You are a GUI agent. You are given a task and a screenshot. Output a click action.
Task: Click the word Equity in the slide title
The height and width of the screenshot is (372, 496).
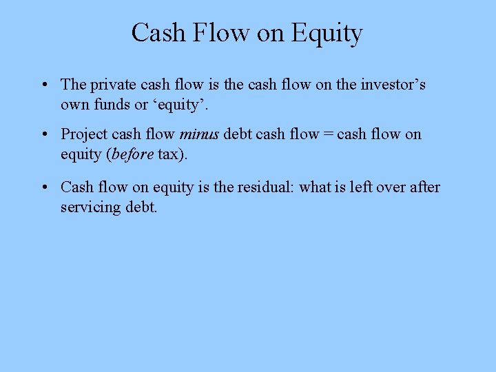pos(327,33)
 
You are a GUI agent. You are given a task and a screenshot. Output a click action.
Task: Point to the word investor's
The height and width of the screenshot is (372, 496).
pos(392,85)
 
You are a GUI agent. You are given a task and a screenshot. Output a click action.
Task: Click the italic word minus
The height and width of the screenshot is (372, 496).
pos(200,134)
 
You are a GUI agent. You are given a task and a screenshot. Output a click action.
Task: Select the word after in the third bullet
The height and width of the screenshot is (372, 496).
pos(425,187)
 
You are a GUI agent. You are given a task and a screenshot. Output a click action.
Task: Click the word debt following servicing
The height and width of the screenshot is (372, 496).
pos(141,207)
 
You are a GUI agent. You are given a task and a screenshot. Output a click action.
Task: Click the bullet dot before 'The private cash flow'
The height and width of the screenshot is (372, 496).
pos(43,85)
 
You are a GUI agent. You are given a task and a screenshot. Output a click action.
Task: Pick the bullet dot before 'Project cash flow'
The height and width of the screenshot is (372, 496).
pos(43,135)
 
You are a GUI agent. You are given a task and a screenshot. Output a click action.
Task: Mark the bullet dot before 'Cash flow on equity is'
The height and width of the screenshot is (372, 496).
pos(43,187)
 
